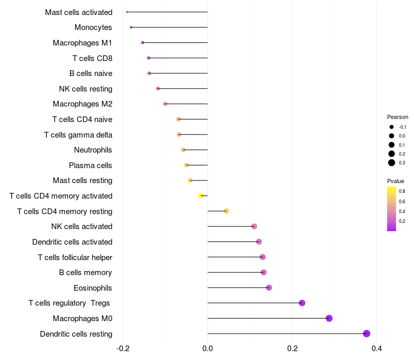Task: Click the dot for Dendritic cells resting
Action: tap(367, 334)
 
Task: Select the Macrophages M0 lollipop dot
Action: tap(329, 318)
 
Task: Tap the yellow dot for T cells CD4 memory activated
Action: tap(201, 195)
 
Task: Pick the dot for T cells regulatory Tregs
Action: tap(302, 303)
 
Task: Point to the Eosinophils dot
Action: tap(269, 288)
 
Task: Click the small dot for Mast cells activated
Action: tap(127, 12)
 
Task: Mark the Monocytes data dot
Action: tap(131, 27)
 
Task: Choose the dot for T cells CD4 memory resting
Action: tap(226, 211)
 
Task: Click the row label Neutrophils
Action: tap(93, 150)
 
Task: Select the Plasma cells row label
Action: tap(91, 165)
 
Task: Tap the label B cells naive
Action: tap(91, 73)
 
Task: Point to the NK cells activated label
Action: tap(82, 227)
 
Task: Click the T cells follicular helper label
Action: tap(75, 257)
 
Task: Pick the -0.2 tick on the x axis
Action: tap(123, 349)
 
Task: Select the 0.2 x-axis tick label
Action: tap(292, 349)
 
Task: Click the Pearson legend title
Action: tap(397, 117)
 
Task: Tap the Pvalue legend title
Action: tap(395, 181)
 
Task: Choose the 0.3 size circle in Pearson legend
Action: tap(392, 163)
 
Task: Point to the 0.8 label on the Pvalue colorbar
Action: tap(402, 191)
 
